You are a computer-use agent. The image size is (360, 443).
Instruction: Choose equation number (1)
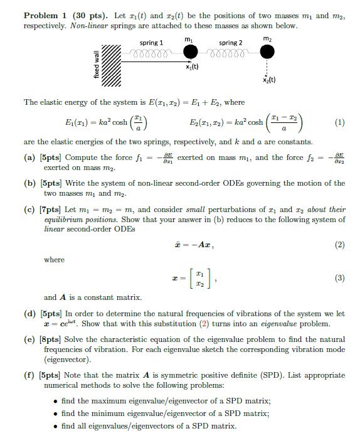point(339,123)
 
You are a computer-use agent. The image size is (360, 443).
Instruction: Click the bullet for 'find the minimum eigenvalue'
point(58,414)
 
